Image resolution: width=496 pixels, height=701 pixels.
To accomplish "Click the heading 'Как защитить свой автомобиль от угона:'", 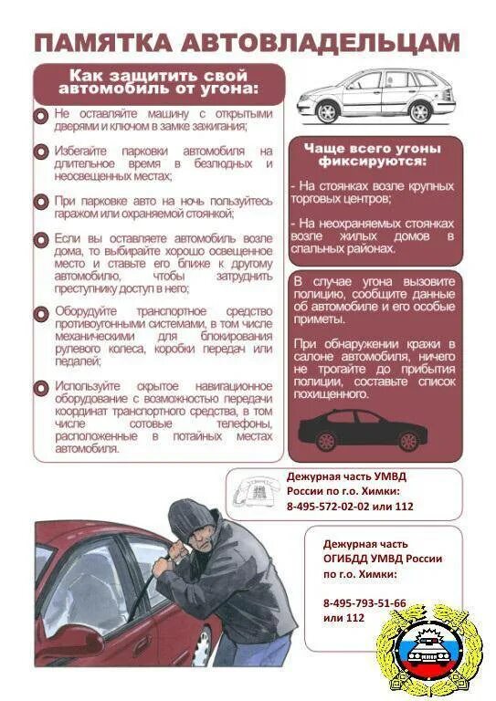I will pos(159,82).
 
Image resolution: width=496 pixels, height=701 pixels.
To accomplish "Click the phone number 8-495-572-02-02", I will pos(334,507).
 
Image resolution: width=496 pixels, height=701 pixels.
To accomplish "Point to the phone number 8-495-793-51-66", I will pos(364,603).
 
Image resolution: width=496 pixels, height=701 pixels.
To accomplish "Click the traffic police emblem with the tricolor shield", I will pos(421,650).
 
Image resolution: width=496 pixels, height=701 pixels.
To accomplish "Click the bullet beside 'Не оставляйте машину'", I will pos(41,117).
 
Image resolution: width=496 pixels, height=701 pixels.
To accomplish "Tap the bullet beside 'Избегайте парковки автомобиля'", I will pos(41,152).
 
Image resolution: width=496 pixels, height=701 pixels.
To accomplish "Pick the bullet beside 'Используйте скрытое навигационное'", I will pos(41,389).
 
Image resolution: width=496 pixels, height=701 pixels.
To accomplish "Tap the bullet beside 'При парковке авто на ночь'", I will pos(41,202).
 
